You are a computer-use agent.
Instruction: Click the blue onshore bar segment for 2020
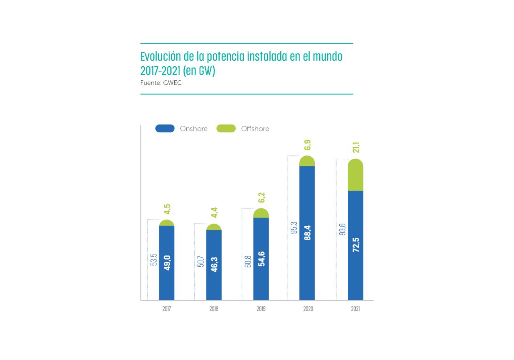tap(307, 233)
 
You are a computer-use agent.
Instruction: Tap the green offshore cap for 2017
tap(167, 223)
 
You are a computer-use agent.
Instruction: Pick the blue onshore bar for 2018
tap(214, 265)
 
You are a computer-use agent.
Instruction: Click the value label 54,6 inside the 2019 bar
tap(261, 259)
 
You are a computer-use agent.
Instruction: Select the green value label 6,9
tap(308, 145)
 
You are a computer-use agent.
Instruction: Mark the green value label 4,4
tap(214, 213)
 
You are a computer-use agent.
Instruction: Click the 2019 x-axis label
tap(261, 309)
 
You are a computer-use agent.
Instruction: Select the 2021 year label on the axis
tap(355, 309)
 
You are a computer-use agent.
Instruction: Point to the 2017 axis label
tap(166, 309)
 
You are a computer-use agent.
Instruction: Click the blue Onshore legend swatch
tap(165, 129)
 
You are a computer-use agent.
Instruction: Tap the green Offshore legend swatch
tap(226, 129)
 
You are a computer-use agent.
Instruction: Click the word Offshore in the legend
tap(255, 129)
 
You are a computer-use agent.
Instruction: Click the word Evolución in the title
tap(162, 56)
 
